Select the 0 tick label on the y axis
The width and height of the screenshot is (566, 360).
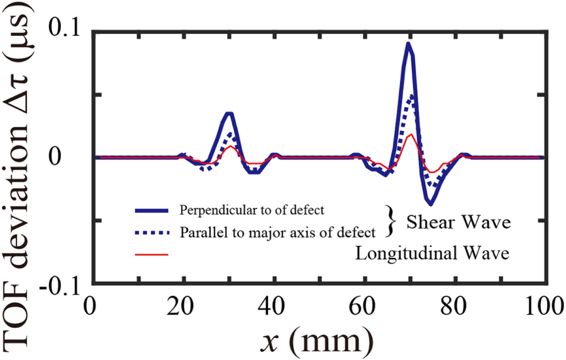click(x=74, y=157)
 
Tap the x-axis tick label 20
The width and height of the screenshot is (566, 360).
click(x=182, y=307)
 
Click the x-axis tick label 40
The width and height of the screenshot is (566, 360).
click(x=272, y=307)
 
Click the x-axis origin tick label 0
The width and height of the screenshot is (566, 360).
click(x=92, y=307)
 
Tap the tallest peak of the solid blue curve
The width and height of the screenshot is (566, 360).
click(x=409, y=43)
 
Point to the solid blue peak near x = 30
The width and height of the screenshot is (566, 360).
click(x=230, y=114)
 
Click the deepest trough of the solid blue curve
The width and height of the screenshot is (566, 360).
click(x=431, y=204)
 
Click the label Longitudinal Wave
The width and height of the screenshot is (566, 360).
click(x=431, y=254)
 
